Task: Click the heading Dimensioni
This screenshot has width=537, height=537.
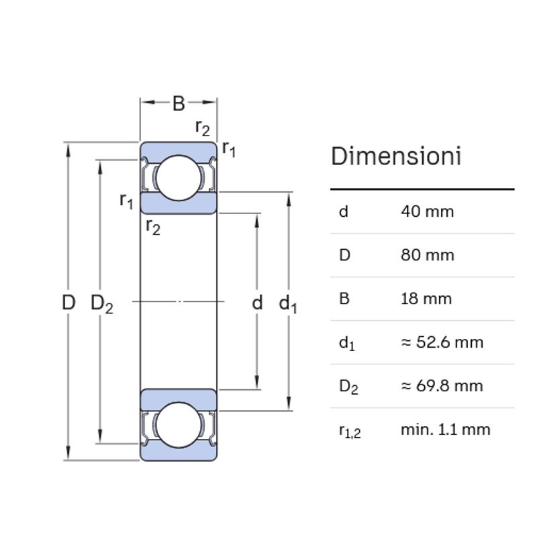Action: click(x=396, y=156)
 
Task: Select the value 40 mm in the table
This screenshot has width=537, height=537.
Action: click(x=427, y=211)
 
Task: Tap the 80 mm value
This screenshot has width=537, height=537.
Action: click(x=427, y=255)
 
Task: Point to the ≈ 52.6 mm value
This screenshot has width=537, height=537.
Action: click(x=442, y=342)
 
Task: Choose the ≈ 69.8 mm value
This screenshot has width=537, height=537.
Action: click(x=442, y=386)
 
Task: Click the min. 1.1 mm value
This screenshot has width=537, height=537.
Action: click(x=445, y=429)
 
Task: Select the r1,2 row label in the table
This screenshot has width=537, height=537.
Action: click(x=349, y=430)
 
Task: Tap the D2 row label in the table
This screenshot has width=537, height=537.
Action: click(x=348, y=387)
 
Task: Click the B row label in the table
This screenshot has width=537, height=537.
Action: click(x=344, y=299)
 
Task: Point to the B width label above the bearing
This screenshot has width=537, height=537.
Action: click(x=179, y=103)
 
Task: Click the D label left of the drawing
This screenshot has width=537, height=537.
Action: click(x=68, y=303)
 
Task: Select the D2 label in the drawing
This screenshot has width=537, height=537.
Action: click(x=102, y=304)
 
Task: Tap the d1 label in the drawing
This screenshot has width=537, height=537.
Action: click(x=288, y=304)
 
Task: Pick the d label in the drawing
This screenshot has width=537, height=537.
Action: click(x=257, y=303)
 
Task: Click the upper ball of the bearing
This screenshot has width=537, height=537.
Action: click(x=179, y=177)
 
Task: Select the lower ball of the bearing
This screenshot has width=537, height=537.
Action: click(x=179, y=425)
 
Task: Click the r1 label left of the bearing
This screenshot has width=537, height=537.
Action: click(x=126, y=200)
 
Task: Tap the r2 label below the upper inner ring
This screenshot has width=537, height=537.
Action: click(x=153, y=227)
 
